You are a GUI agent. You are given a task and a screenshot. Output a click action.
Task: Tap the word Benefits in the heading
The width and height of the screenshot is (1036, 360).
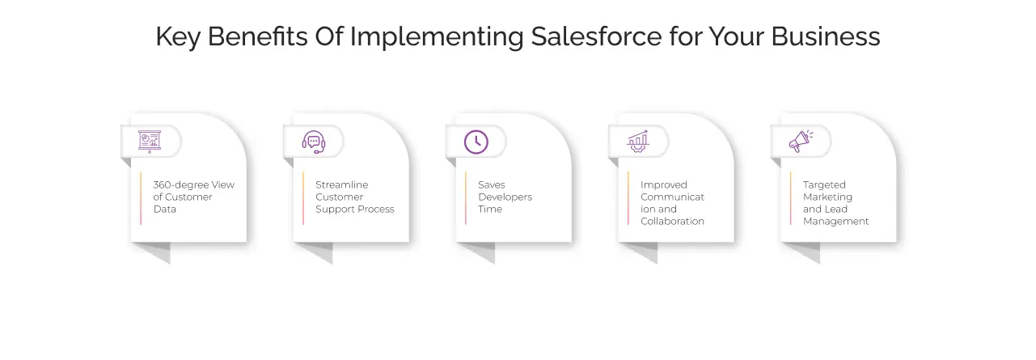(x=246, y=37)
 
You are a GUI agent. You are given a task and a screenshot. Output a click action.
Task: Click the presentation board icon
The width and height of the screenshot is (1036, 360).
(x=150, y=141)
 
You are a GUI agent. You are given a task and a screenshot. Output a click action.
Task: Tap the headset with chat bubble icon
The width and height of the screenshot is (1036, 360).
(x=314, y=142)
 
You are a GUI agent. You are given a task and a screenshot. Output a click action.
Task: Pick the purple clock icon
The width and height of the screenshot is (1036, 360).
(x=476, y=142)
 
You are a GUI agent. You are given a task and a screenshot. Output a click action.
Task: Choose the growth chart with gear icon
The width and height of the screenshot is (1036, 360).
(x=638, y=142)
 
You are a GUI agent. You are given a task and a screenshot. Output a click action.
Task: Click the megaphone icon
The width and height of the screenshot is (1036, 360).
(x=801, y=142)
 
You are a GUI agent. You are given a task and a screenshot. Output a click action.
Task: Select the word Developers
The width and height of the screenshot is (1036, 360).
(x=505, y=197)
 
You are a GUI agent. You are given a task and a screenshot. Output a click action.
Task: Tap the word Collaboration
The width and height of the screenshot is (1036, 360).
(x=673, y=221)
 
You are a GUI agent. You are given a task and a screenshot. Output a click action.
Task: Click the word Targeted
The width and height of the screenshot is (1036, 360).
(x=824, y=184)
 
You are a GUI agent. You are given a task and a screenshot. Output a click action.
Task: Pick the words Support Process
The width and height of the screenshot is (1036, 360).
(x=355, y=209)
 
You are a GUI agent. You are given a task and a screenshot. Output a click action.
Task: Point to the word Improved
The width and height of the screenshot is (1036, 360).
(x=664, y=184)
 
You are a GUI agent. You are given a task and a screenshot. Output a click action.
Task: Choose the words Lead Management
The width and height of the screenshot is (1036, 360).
(x=836, y=215)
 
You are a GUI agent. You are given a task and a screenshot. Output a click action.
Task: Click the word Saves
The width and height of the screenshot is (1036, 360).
(x=492, y=184)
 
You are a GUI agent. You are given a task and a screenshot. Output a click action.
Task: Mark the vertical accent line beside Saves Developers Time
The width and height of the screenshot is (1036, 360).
(x=466, y=197)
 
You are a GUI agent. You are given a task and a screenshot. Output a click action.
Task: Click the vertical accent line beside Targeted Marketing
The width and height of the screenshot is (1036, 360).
(x=791, y=197)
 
